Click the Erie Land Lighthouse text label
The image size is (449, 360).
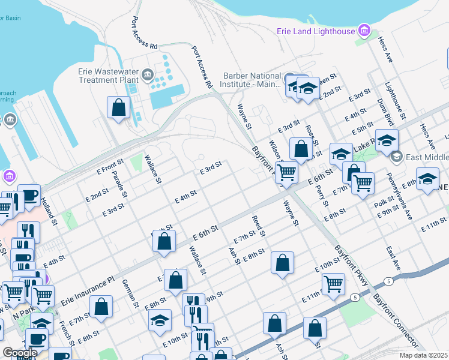(316, 31)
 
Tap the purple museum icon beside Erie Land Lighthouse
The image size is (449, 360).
(363, 30)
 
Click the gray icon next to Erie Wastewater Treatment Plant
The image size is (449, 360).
(148, 76)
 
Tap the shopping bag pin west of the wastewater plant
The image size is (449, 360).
(119, 108)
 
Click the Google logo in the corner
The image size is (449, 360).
(19, 353)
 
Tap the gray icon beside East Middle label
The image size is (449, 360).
(396, 157)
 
